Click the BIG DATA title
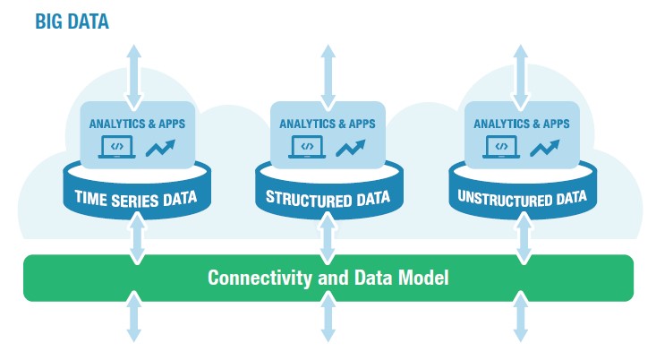(72, 21)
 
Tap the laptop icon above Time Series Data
(116, 147)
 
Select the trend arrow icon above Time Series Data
(160, 148)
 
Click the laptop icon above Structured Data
(307, 147)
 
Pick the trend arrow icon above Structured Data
(351, 148)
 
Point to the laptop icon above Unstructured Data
(501, 147)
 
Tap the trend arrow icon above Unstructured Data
(545, 148)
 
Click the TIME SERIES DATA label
(136, 199)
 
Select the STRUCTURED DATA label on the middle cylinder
(328, 199)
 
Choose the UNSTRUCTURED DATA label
(522, 199)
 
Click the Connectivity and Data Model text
(328, 278)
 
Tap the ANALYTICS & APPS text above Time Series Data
(137, 124)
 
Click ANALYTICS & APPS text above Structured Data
(328, 124)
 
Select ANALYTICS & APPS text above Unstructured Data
(522, 124)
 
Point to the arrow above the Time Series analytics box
(134, 77)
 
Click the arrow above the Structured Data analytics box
(328, 77)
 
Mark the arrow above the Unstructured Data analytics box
(521, 77)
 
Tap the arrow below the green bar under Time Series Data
(134, 316)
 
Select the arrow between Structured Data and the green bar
(328, 238)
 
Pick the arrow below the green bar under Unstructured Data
(521, 316)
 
